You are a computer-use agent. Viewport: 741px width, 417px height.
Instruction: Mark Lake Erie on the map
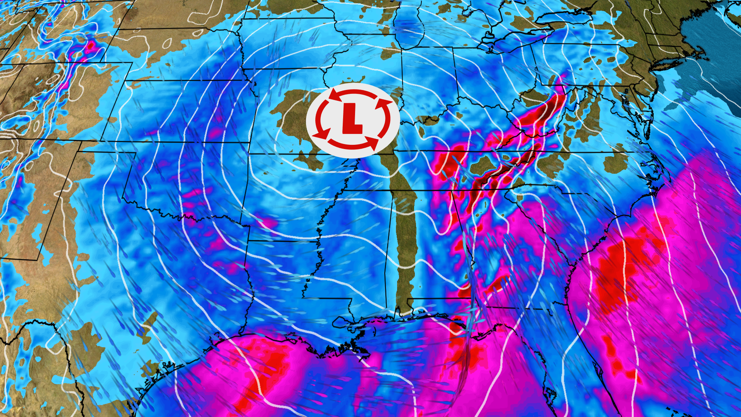pos(513,41)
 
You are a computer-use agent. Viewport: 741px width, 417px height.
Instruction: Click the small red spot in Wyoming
pos(91,46)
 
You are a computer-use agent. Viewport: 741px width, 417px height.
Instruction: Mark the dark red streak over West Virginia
pos(540,112)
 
